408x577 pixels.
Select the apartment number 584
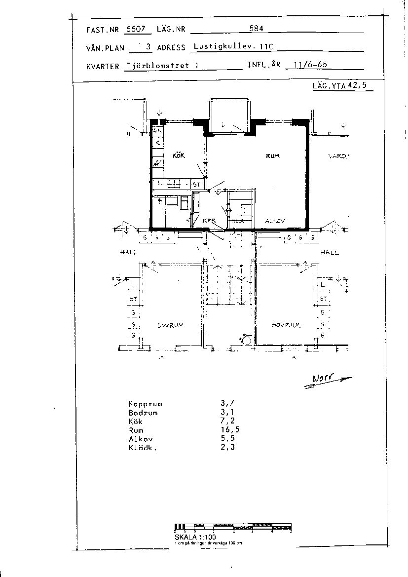256,29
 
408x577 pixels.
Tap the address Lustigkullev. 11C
233,47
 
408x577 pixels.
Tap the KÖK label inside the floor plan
178,155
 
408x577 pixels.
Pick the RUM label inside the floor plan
272,156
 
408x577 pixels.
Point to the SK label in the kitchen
157,131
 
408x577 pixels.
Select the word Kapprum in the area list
145,404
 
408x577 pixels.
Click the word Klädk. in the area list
143,448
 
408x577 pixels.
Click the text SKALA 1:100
195,537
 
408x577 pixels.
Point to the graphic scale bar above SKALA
233,527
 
